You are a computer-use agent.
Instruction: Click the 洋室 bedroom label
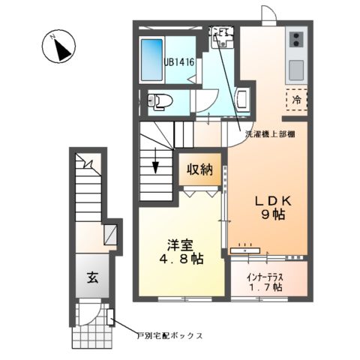click(x=180, y=243)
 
